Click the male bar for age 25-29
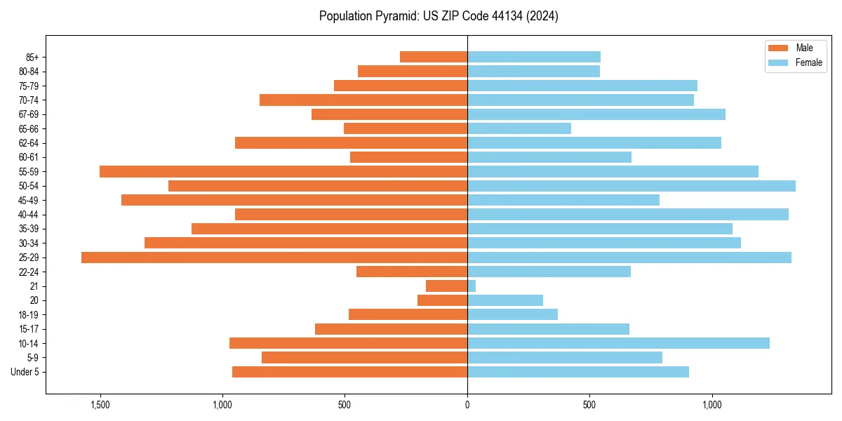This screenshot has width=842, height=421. [274, 258]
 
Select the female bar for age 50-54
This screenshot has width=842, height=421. [631, 186]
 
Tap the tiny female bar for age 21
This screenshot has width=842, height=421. [472, 286]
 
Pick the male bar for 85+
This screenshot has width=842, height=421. [434, 57]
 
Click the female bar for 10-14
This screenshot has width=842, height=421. [617, 343]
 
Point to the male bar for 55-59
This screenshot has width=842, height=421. [283, 172]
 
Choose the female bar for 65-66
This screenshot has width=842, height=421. [519, 128]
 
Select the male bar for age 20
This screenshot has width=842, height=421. [442, 300]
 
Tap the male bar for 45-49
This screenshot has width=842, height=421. [295, 200]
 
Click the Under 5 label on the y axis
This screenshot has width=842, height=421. [25, 372]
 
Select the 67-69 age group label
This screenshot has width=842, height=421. [29, 114]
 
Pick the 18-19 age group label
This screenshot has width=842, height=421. [29, 315]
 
